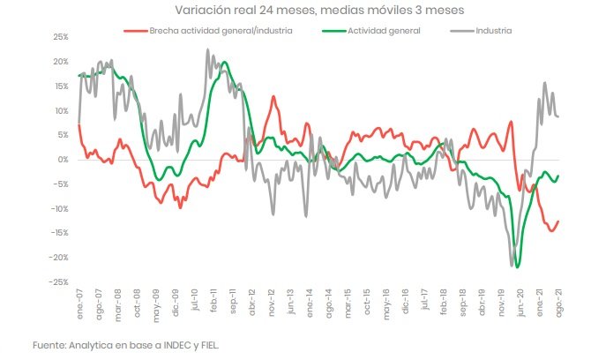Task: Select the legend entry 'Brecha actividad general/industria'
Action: point(220,30)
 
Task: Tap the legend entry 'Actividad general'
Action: point(382,30)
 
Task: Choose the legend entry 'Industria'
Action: point(493,30)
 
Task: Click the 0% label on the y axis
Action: point(62,160)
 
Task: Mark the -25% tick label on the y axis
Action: point(57,281)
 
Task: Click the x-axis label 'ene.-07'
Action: point(79,305)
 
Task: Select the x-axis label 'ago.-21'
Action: point(559,305)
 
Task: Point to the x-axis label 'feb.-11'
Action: point(214,305)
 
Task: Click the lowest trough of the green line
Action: point(517,266)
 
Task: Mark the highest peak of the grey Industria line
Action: point(207,50)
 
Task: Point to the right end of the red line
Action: point(558,221)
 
